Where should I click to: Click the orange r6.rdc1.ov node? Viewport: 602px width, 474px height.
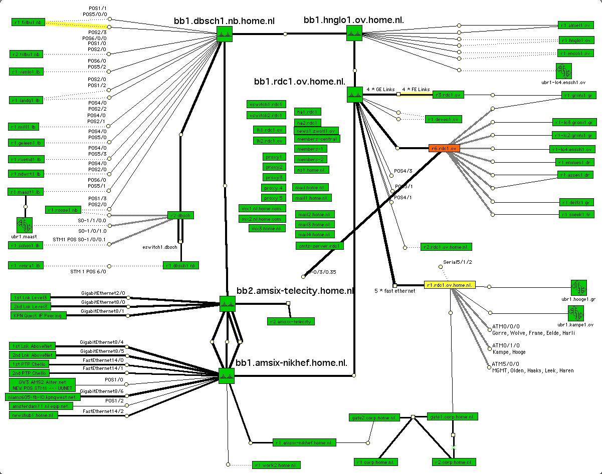(444, 148)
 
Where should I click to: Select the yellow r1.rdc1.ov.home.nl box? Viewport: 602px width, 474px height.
(449, 285)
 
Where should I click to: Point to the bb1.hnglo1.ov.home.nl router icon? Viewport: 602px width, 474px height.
(354, 33)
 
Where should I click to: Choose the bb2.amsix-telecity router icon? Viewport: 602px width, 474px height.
(227, 303)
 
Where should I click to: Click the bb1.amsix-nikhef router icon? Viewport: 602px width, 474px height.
(227, 376)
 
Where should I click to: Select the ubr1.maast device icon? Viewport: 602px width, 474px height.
(24, 224)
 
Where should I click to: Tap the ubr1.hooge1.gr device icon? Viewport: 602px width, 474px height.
(578, 288)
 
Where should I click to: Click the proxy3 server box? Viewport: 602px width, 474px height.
(274, 178)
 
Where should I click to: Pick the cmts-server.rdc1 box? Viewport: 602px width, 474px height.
(320, 246)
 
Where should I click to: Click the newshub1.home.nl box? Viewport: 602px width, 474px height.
(33, 415)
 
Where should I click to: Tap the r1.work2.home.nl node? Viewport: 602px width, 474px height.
(276, 465)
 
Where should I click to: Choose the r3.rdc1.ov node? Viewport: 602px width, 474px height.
(448, 95)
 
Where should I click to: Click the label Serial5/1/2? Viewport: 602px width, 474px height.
(458, 262)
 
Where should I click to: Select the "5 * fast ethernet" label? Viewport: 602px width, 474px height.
(394, 291)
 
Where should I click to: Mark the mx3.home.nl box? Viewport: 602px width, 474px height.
(267, 229)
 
